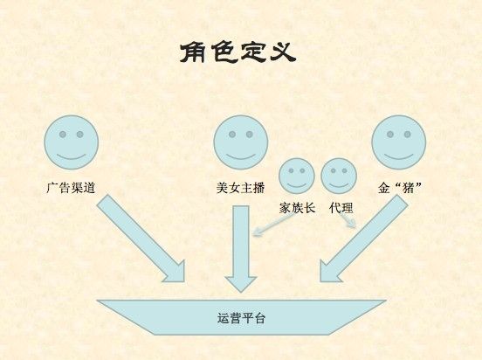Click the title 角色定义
[x=238, y=52]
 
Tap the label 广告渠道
[x=71, y=188]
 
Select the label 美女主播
[x=241, y=188]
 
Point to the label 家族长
[x=297, y=208]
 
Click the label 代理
[x=341, y=208]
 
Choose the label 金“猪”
[x=400, y=188]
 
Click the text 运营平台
[x=241, y=318]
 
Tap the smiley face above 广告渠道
[x=72, y=142]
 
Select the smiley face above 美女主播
[x=241, y=142]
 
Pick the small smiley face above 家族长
[x=297, y=176]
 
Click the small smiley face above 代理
[x=339, y=176]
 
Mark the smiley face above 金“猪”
[x=399, y=142]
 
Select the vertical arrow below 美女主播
[x=241, y=249]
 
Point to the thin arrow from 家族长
[x=273, y=225]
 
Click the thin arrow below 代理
[x=348, y=220]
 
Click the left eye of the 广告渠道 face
[x=63, y=135]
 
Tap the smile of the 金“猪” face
[x=399, y=157]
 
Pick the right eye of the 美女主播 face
[x=250, y=135]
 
